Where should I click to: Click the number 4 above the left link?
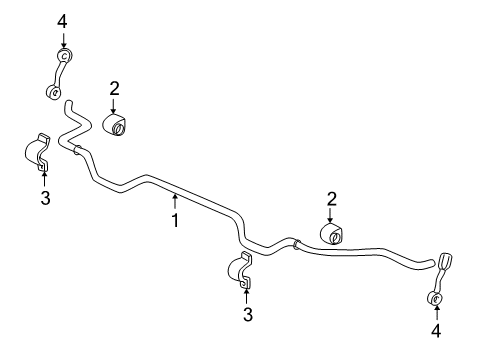pos(62,22)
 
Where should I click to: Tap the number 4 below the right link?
pos(436,331)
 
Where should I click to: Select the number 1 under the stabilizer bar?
pos(175,220)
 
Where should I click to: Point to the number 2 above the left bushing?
pos(114,89)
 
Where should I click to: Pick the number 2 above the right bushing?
pos(332,199)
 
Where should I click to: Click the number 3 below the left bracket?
pos(45,198)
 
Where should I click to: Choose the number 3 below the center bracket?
pos(248,315)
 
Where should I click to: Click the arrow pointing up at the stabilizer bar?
pos(175,202)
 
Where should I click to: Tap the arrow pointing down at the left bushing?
pos(114,106)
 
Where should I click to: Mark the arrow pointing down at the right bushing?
pos(330,215)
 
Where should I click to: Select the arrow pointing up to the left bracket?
pos(44,178)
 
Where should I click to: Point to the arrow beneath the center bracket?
pos(246,295)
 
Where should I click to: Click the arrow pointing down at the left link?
pos(63,39)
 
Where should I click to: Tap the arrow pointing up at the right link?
pos(436,313)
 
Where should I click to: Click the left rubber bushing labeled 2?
pos(115,125)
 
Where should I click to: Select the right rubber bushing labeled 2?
pos(331,234)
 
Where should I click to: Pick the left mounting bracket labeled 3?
pos(37,152)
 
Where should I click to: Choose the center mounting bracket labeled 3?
pos(239,270)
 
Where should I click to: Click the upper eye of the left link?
pos(65,55)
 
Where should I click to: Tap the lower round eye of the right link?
pos(435,298)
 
